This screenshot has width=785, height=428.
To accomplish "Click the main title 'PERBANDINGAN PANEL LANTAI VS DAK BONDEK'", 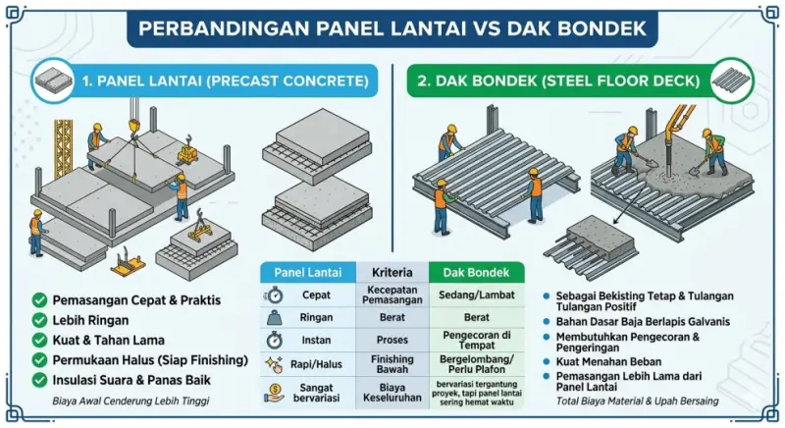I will point(392,27).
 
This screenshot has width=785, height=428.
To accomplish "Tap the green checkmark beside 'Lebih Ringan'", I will point(39,320).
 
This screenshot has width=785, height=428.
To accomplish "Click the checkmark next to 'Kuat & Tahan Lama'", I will point(39,340).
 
